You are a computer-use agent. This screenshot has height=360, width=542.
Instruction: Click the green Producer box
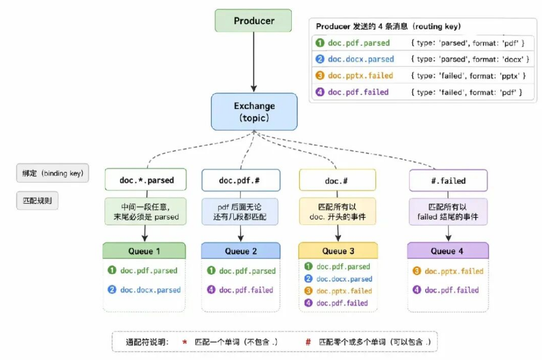(253, 21)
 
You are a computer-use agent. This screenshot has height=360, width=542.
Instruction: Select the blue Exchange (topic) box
(254, 112)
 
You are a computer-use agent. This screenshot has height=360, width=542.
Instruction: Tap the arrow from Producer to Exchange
(253, 62)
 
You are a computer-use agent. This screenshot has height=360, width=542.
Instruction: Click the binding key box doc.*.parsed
(146, 179)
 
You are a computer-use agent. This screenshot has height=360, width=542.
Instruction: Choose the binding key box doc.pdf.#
(241, 180)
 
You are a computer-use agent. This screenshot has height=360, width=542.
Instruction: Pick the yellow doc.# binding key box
(337, 180)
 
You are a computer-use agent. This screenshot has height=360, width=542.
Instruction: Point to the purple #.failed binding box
(448, 181)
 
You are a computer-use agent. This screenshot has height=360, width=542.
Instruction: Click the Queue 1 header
(144, 251)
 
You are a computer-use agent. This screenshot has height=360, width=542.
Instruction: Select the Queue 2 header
(240, 251)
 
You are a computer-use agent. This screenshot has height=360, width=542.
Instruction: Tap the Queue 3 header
(338, 251)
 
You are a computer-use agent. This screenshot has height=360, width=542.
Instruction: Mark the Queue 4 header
(448, 251)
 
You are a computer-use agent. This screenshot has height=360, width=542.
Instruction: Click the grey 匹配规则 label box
(37, 201)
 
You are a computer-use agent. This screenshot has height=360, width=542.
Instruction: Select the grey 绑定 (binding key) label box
(53, 173)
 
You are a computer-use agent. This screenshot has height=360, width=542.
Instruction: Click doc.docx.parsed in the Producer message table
(361, 59)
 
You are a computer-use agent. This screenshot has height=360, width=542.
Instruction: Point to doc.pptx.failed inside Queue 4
(454, 271)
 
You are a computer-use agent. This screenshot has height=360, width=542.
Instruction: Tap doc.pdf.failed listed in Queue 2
(246, 290)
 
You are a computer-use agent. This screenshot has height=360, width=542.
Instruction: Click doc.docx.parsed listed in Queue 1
(151, 290)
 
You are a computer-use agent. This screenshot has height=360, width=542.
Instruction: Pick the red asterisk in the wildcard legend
(184, 342)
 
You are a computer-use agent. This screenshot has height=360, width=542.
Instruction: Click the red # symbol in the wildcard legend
(308, 342)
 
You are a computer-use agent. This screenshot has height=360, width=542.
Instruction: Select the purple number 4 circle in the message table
(320, 92)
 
